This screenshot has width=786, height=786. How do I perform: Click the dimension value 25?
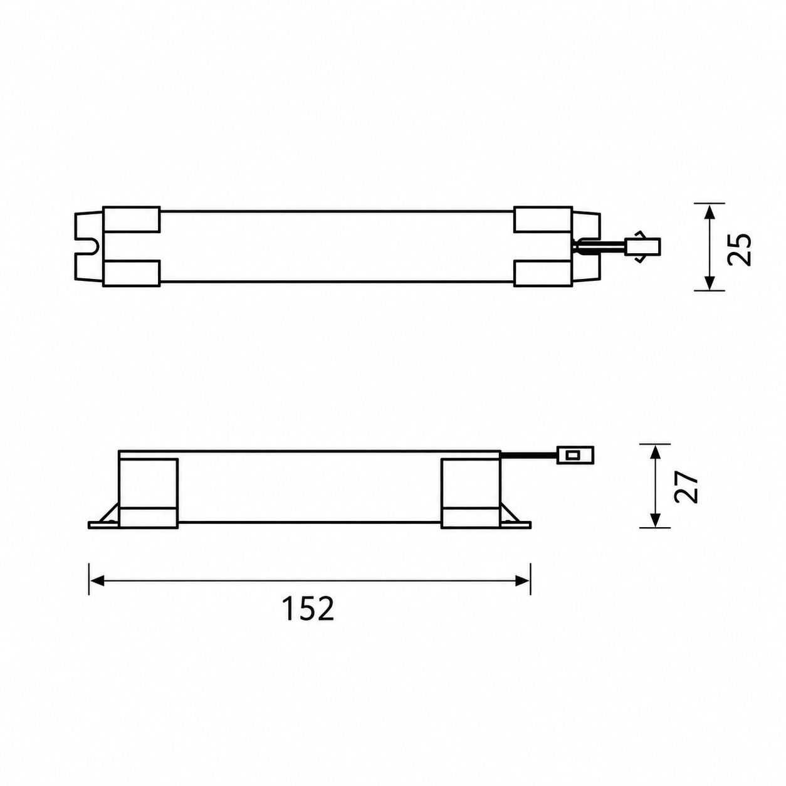coord(739,249)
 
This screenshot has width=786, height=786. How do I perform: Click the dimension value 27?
coord(686,488)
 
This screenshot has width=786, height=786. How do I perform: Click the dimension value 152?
coord(308,609)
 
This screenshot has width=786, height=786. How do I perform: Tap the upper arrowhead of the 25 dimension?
coord(710,212)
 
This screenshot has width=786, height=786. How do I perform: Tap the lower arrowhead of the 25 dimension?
coord(710,282)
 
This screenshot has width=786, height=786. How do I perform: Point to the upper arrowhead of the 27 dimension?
coord(655,454)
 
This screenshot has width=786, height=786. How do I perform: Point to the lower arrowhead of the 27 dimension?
coord(655,518)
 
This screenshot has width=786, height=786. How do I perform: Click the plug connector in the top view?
coord(642,247)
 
